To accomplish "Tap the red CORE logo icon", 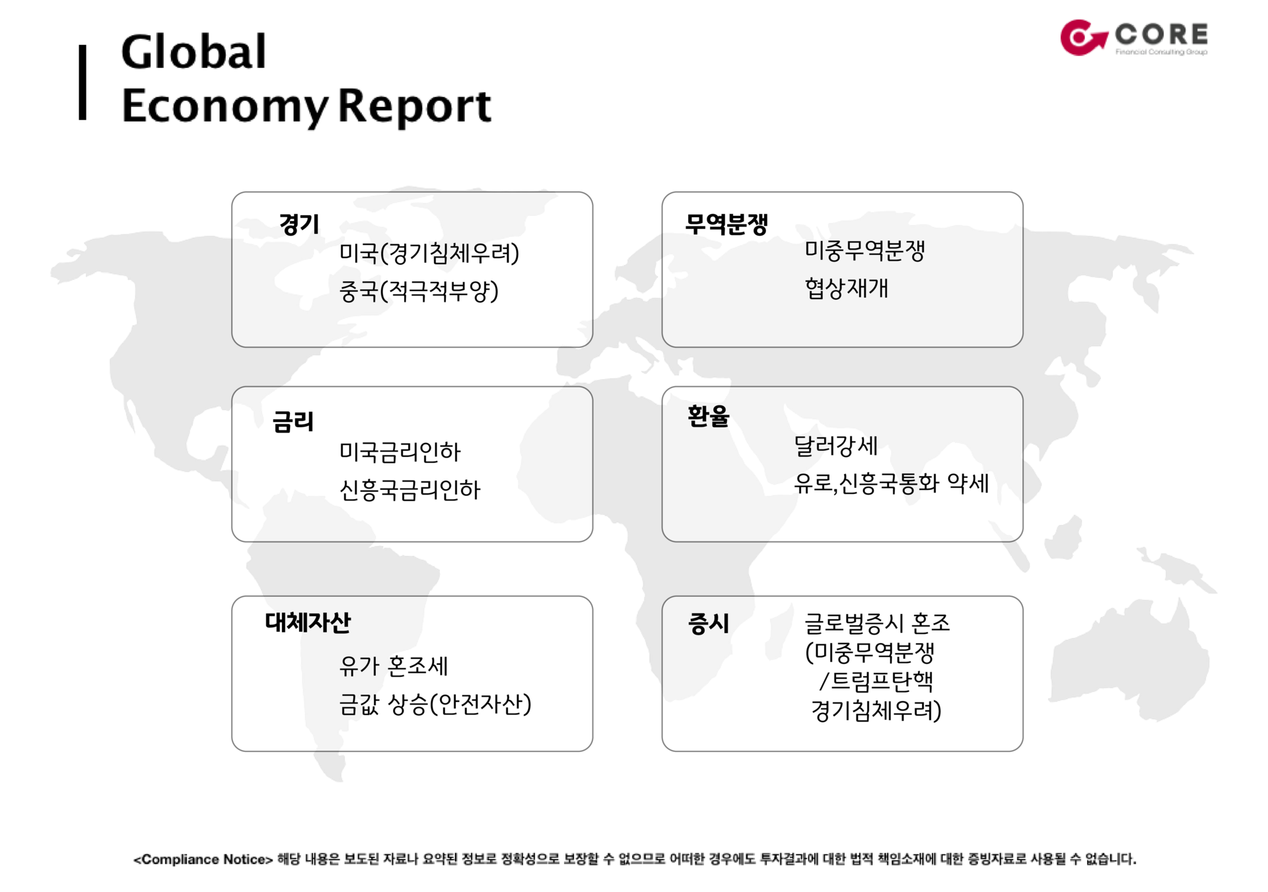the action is [1083, 37].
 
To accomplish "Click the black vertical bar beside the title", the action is [83, 83].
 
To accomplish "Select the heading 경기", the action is [299, 224].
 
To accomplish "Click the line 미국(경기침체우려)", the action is [429, 253].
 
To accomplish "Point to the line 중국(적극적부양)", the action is [419, 291].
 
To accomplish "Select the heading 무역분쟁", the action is [726, 224].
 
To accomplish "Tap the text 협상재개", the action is [847, 288].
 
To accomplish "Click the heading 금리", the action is [293, 421].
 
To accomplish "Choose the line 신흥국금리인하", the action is [409, 489].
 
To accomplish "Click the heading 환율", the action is [708, 416].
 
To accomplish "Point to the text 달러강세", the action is [835, 446].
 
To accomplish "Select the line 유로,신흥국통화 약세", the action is [892, 483].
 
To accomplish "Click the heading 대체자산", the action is [308, 622].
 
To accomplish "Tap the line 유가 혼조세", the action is [394, 666].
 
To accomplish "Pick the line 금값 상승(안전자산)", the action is [435, 704].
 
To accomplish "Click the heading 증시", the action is [709, 623].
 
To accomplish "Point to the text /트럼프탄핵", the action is [876, 681].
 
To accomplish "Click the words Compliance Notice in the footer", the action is [203, 859].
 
